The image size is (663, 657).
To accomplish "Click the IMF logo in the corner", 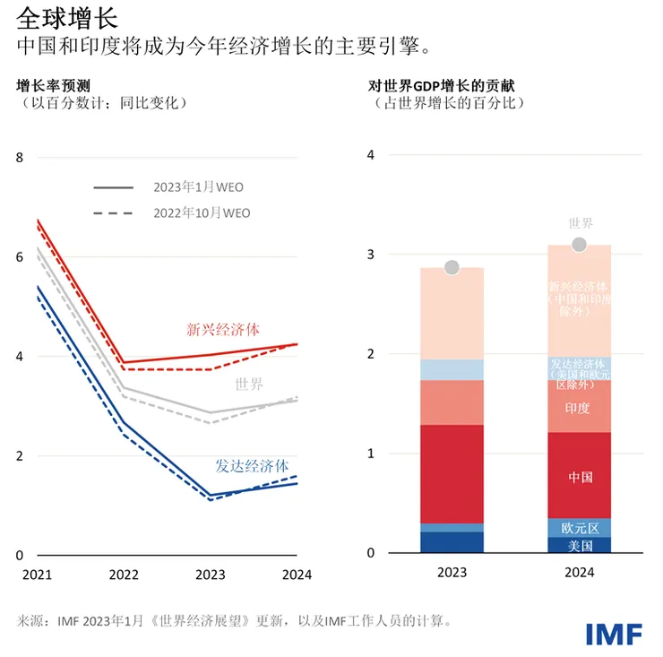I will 614,633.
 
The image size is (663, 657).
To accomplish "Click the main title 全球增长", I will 54,18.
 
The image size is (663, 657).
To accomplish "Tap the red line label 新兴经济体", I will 223,329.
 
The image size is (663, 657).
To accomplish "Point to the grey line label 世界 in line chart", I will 249,385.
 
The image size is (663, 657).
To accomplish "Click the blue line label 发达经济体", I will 252,466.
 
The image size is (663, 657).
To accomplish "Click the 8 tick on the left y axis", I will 21,159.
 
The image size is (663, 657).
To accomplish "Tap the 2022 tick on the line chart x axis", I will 123,575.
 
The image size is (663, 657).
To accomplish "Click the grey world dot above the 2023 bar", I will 452,268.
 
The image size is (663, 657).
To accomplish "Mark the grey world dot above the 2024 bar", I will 580,245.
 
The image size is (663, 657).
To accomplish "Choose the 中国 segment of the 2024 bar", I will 580,476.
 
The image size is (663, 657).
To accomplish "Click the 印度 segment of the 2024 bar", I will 580,408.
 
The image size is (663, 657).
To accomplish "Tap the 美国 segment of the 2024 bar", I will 580,545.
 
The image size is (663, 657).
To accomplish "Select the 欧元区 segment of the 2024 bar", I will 580,528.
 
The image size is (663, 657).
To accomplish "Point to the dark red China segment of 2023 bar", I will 452,474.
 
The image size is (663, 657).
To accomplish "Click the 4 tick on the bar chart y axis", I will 370,155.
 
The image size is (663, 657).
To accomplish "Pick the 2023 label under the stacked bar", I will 452,575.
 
